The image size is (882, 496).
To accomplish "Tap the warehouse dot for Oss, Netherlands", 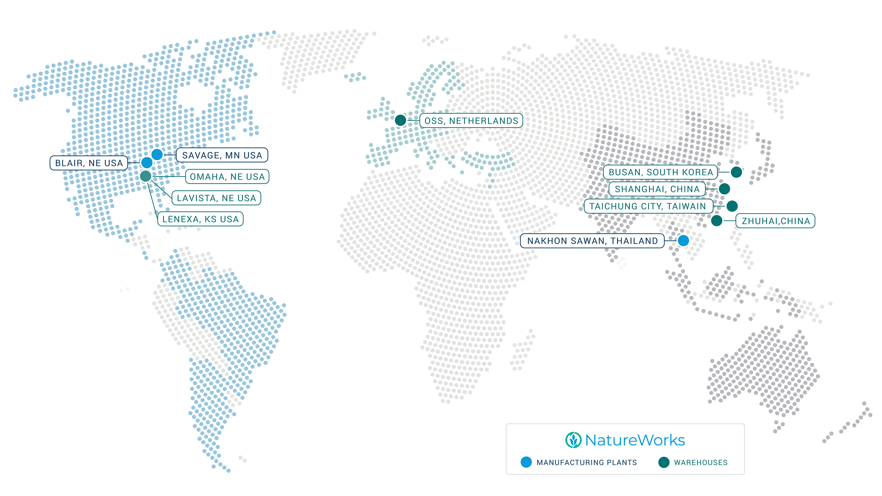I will [x=400, y=120].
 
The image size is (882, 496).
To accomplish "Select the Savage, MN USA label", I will [x=222, y=155].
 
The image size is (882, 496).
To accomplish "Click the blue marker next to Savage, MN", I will [x=157, y=154].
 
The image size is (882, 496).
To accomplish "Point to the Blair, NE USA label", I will [x=89, y=163].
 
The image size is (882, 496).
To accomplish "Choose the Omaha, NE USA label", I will [x=227, y=177].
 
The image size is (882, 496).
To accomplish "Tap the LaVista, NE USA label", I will [x=216, y=198].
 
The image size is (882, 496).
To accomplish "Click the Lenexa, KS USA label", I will [x=200, y=219].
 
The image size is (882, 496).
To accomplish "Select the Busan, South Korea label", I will [x=660, y=172].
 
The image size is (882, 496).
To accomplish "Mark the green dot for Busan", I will [x=736, y=172].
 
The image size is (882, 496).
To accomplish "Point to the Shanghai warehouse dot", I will [x=724, y=189].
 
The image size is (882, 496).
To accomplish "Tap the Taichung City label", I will [x=648, y=206].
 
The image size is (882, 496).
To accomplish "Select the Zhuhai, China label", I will [x=775, y=221].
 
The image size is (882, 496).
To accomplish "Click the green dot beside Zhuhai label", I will [x=717, y=220].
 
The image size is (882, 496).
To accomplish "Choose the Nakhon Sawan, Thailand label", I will [x=592, y=241].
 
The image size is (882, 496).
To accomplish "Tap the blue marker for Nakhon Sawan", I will [x=683, y=241].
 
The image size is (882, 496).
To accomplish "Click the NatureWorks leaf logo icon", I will [x=573, y=440].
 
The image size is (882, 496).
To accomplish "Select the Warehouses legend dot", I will [x=663, y=462].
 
